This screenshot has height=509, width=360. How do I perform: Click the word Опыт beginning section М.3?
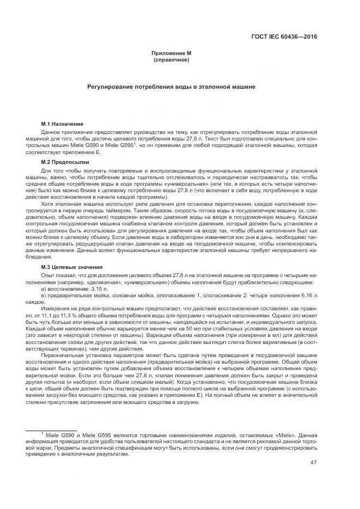[48, 276]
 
